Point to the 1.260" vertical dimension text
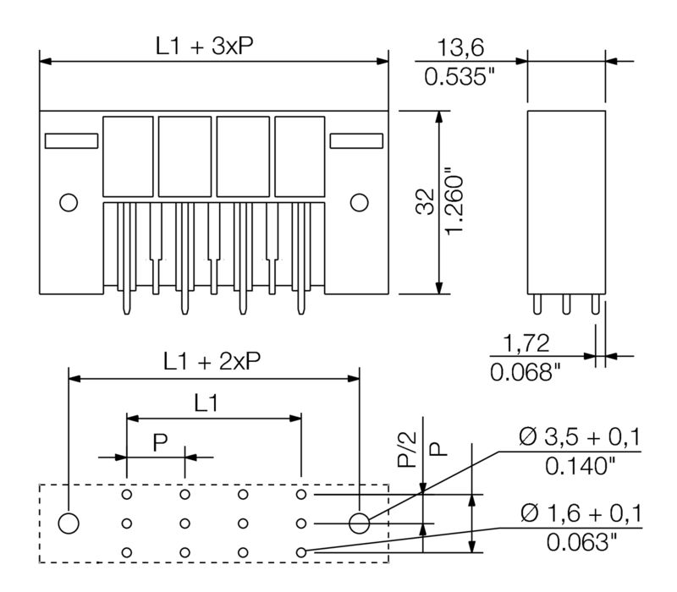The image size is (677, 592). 455,206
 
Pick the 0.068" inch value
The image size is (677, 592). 526,372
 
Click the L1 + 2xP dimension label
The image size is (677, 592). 212,361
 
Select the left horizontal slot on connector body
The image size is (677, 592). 71,141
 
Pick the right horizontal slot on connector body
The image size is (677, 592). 356,141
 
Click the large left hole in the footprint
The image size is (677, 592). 69,523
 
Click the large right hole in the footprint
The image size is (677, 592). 360,523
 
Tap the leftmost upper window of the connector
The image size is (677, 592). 127,156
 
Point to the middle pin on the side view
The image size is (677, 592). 566,303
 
